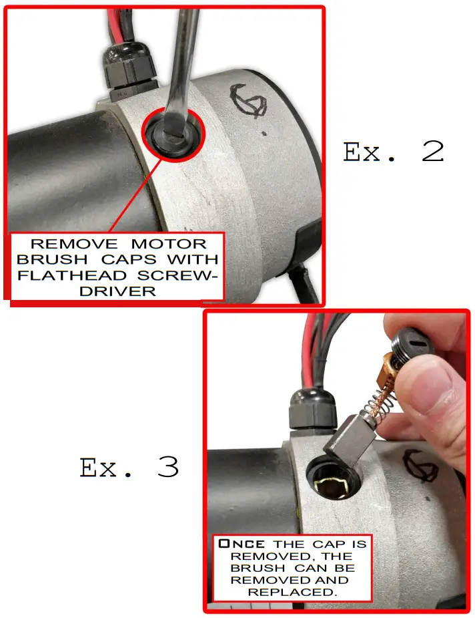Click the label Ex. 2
point(393,153)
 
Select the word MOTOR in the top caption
point(169,244)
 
